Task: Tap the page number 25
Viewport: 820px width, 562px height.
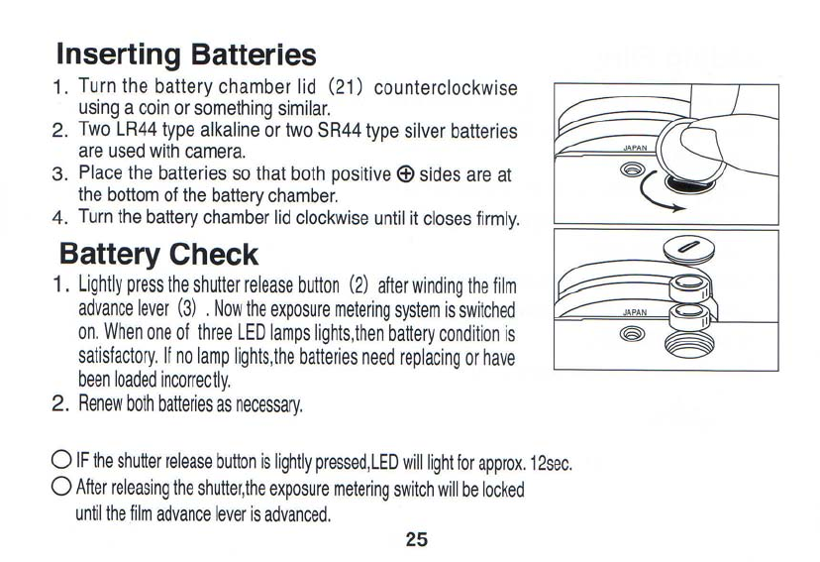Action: pos(416,539)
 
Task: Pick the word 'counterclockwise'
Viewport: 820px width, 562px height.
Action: pos(447,88)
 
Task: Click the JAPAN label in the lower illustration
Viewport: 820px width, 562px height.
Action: pos(635,311)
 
